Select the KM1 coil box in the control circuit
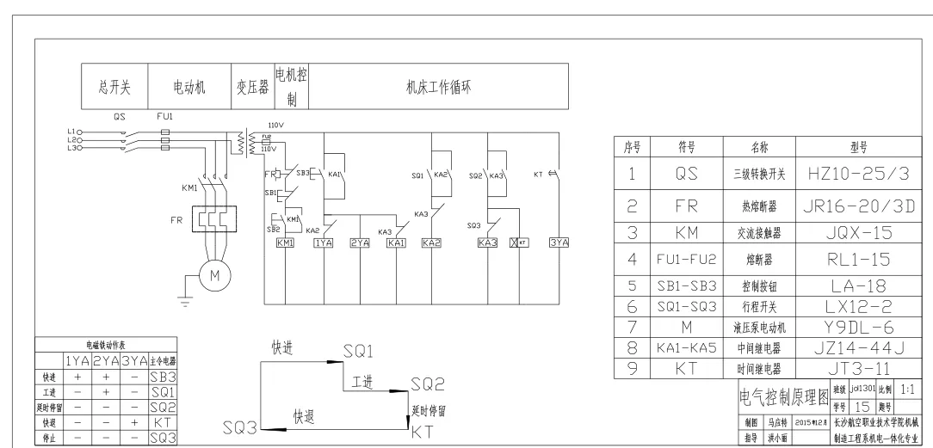coord(285,243)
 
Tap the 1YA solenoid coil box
coord(323,243)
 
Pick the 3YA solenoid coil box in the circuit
coord(559,243)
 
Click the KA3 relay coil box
coord(487,243)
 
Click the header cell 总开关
coord(114,87)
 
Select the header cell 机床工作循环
coord(436,87)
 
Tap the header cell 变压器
coord(252,87)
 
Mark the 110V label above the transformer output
coord(276,125)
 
